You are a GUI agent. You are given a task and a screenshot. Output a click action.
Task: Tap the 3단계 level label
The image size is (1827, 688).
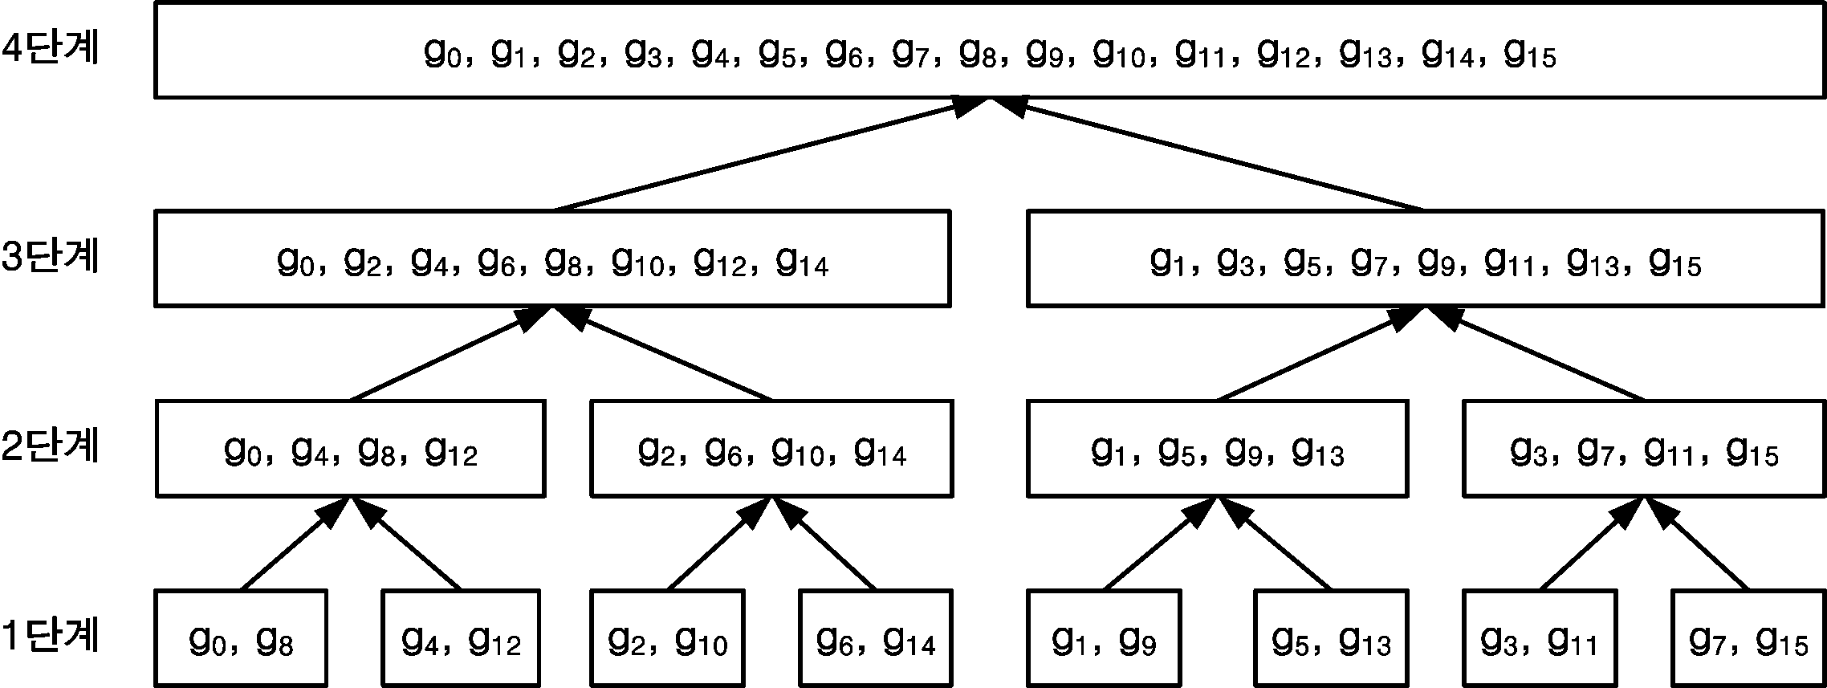click(50, 258)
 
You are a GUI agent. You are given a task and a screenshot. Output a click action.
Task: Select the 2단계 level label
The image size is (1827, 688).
click(50, 446)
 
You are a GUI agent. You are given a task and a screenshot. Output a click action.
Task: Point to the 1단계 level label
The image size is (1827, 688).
click(50, 637)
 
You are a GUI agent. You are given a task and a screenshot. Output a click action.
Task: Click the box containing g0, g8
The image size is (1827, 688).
click(241, 638)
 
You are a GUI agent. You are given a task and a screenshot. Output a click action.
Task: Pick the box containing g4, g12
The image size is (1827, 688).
click(461, 638)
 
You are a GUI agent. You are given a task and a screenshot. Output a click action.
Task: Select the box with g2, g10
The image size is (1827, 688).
click(668, 638)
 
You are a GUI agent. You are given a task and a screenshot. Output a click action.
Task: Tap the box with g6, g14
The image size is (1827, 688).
click(876, 638)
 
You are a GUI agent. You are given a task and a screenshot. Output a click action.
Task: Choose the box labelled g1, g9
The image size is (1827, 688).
click(1104, 638)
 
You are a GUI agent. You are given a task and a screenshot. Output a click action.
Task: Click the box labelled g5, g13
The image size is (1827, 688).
click(1331, 638)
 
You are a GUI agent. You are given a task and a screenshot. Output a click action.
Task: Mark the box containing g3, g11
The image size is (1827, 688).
click(1540, 638)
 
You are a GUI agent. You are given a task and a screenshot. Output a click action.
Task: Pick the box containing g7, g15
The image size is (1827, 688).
click(1748, 638)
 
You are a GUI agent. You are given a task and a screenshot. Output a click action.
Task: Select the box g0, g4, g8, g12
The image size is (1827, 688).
click(350, 448)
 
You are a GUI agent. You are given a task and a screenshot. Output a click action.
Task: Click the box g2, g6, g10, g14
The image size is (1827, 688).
click(771, 448)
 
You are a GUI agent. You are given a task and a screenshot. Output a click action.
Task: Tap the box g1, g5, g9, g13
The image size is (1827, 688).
click(1217, 448)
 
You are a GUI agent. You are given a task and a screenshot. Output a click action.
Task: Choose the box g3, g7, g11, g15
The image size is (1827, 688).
click(1644, 448)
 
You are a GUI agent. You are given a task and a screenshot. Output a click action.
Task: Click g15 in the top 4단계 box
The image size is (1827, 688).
click(1529, 55)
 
